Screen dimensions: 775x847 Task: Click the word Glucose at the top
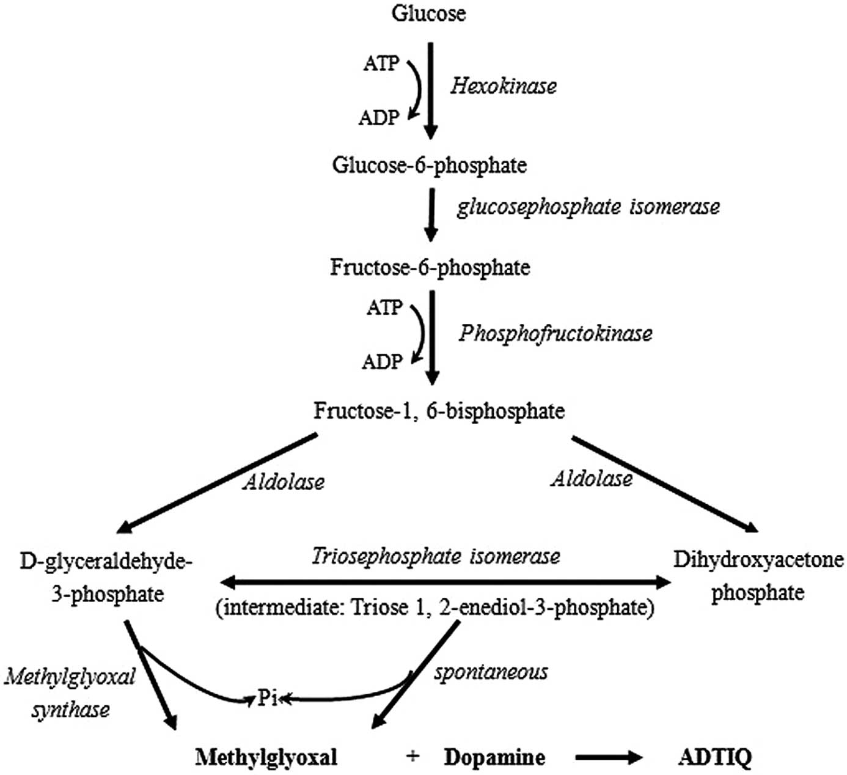coord(428,13)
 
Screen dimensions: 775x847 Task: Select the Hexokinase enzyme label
coord(504,86)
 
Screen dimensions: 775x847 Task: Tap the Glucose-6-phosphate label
coord(430,165)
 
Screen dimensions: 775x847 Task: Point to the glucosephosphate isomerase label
coord(588,207)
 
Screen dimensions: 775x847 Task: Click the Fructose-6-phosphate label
coord(430,268)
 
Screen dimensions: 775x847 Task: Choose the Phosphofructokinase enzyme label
coord(555,334)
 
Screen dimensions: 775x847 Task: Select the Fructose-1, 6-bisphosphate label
coord(439,411)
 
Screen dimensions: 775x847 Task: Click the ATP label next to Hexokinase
coord(381,63)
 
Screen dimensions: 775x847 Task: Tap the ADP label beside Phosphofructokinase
coord(383,362)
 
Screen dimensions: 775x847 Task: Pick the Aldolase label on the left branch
coord(284,482)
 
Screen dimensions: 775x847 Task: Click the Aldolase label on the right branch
coord(592,479)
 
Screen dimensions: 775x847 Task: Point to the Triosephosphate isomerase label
coord(436,557)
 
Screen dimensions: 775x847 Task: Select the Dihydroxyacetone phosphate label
coord(758,576)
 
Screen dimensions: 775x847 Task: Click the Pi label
coord(267,698)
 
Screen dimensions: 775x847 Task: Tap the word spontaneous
coord(491,672)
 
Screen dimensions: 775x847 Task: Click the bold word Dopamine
coord(494,758)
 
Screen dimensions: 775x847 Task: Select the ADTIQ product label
coord(715,758)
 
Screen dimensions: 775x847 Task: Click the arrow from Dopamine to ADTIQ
coord(608,758)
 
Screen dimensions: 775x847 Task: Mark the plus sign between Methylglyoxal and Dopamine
coord(413,757)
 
